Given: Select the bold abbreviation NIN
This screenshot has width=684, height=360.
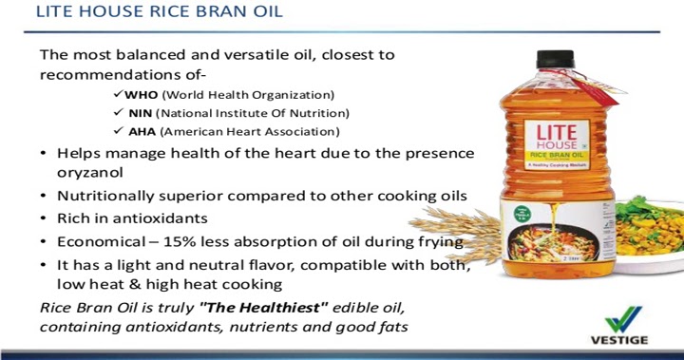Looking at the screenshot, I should [139, 113].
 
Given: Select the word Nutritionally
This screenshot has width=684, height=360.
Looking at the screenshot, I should [106, 196].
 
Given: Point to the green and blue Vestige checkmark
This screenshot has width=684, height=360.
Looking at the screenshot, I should [623, 319].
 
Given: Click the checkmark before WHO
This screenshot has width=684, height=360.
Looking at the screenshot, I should [118, 95].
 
